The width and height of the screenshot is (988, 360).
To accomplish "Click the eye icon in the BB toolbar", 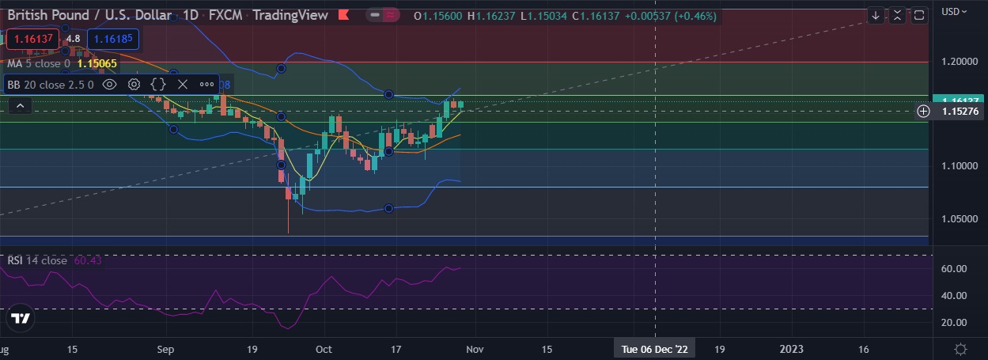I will click(110, 84).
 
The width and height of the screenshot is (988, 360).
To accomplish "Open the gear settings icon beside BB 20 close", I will click(134, 84).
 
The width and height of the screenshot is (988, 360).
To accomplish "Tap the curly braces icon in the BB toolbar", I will click(158, 84).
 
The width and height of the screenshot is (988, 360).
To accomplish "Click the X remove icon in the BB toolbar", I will click(183, 84).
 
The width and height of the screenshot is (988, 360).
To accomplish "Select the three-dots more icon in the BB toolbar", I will click(206, 84).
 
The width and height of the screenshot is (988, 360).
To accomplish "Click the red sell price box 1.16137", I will click(32, 38).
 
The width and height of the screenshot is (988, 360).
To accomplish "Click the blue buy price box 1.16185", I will click(112, 38).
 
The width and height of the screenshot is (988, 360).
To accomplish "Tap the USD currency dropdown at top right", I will click(953, 11).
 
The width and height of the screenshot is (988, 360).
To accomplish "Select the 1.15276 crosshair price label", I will click(961, 112).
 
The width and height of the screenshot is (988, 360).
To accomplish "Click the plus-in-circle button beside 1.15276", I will click(923, 112).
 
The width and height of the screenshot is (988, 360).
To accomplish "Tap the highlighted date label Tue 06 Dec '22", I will click(655, 349).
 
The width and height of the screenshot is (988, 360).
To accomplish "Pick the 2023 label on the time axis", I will click(792, 349).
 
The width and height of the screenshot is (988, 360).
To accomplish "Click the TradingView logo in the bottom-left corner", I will click(21, 319).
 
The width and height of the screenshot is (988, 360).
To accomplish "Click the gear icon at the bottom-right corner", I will click(960, 349).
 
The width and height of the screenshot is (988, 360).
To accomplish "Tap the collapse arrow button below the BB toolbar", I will click(21, 105).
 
